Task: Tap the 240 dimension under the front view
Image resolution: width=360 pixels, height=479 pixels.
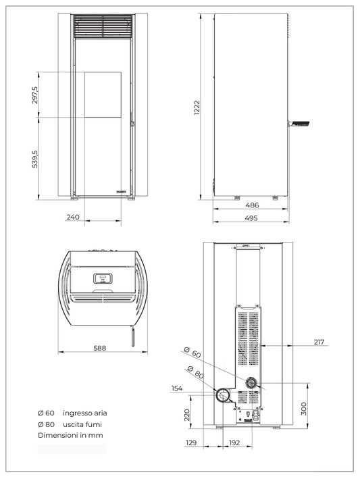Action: (74, 218)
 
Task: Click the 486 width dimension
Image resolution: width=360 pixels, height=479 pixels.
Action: (251, 205)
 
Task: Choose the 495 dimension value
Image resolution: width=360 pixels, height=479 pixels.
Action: (251, 218)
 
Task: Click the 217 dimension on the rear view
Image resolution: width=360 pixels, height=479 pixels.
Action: (319, 343)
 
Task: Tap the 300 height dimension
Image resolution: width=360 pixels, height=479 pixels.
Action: (304, 408)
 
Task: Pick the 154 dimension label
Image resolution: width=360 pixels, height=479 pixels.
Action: (178, 388)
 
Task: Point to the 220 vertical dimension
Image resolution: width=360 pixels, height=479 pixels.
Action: (186, 413)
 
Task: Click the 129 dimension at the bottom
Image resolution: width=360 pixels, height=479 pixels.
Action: (192, 443)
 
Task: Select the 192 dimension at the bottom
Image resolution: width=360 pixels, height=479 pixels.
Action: (234, 443)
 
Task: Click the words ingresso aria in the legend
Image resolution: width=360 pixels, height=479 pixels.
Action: (84, 413)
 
